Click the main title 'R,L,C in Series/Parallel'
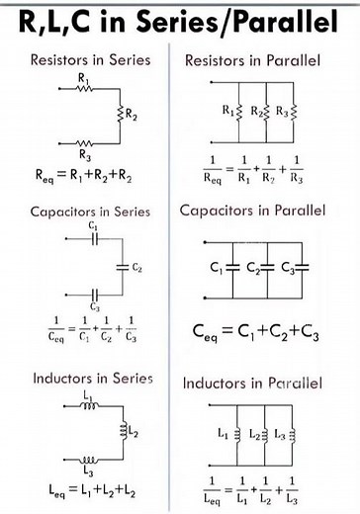(x=180, y=22)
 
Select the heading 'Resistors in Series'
(x=91, y=60)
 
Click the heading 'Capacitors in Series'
(x=91, y=212)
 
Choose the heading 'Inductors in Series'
(x=93, y=379)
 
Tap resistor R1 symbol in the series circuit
(x=82, y=87)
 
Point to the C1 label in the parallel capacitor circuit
(x=217, y=268)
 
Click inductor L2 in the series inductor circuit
(x=124, y=432)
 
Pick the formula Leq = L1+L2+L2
(x=90, y=488)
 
